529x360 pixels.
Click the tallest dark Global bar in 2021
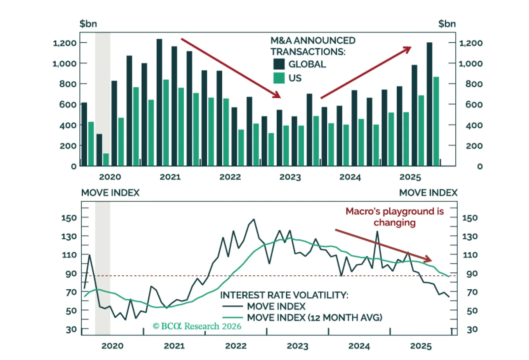tap(159, 102)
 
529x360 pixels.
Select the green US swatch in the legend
tap(279, 78)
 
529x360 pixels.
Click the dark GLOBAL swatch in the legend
tap(279, 64)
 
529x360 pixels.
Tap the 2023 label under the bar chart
tap(290, 177)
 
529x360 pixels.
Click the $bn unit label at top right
tap(447, 24)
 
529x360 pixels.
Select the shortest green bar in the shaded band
tap(106, 159)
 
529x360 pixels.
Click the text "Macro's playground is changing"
tap(394, 217)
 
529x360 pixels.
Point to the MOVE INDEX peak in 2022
tap(254, 219)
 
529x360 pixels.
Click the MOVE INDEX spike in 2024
tap(377, 231)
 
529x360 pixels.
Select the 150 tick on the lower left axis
tap(69, 218)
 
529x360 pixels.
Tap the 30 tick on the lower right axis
tap(472, 329)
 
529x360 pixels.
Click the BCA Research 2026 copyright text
tap(197, 326)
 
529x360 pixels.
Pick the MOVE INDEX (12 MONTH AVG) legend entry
tap(314, 318)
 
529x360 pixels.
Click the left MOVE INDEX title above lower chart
tap(110, 193)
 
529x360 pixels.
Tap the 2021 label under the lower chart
tap(174, 346)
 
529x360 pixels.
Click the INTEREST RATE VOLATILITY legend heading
tap(284, 295)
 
